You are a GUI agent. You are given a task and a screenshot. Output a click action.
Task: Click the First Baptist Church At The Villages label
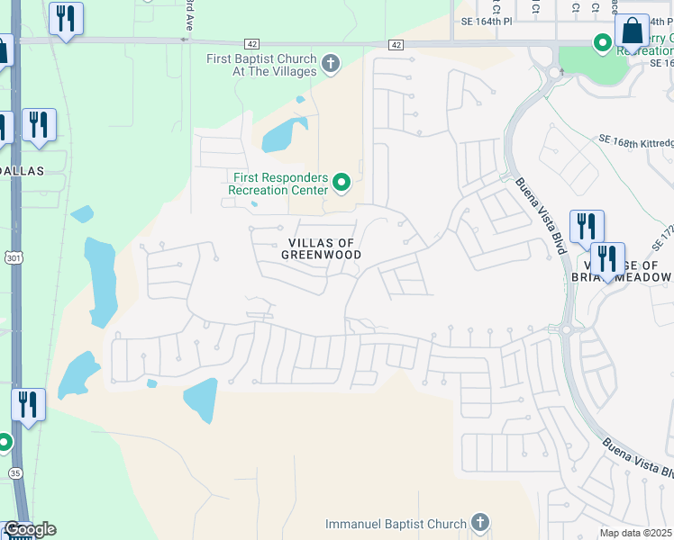[262, 65]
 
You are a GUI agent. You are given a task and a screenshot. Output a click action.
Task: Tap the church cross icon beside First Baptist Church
[332, 64]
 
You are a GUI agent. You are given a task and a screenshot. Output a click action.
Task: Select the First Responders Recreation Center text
[277, 184]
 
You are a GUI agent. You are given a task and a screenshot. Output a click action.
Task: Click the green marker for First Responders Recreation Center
[342, 184]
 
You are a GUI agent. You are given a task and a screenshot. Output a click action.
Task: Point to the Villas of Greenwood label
[324, 249]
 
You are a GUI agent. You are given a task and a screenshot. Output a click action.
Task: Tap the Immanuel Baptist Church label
[396, 524]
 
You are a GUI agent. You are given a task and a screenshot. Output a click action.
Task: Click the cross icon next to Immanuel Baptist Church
[480, 523]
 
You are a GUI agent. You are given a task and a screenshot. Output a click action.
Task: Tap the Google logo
[30, 529]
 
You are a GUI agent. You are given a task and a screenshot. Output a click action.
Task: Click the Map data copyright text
[636, 533]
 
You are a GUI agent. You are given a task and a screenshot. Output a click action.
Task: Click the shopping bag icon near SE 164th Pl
[633, 31]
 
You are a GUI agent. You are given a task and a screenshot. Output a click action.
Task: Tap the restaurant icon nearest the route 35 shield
[28, 405]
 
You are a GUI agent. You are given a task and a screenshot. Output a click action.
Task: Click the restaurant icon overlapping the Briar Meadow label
[607, 259]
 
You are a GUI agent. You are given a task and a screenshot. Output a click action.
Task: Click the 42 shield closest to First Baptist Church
[250, 44]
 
